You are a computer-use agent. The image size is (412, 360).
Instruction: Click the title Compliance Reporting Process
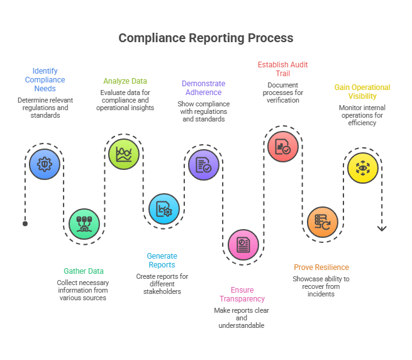(x=206, y=38)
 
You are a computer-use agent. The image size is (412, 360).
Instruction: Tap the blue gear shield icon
(x=45, y=164)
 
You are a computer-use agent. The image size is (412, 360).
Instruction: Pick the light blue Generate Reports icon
(x=164, y=208)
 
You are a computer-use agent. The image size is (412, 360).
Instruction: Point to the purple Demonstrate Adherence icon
(x=204, y=165)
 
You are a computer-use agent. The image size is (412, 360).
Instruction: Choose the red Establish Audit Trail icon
(x=282, y=146)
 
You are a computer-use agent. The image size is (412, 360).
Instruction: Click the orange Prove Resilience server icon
(x=322, y=222)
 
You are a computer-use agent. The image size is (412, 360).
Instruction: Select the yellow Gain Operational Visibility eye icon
(x=363, y=167)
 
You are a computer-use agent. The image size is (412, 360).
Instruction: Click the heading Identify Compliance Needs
(x=45, y=80)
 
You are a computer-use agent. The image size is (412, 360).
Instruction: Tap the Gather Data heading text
(x=84, y=271)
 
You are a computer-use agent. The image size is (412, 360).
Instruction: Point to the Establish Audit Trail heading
(x=282, y=69)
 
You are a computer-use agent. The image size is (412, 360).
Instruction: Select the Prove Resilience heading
(x=321, y=267)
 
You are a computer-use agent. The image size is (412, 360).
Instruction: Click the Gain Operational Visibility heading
(x=362, y=92)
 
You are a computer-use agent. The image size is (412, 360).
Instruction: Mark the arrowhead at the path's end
(x=382, y=228)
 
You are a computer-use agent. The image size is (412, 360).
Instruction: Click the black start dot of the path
(x=25, y=223)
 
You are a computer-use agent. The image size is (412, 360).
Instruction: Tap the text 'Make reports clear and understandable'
(x=242, y=318)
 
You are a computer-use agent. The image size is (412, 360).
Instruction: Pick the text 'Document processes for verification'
(x=282, y=92)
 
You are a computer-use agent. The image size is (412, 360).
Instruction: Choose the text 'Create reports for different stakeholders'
(x=162, y=284)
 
